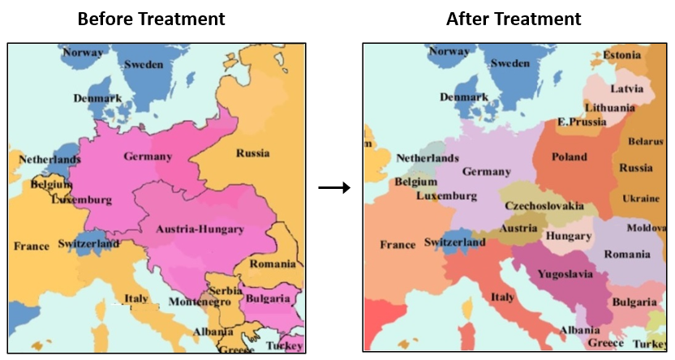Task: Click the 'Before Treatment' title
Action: click(152, 18)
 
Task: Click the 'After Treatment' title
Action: click(514, 18)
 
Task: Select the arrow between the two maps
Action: click(333, 188)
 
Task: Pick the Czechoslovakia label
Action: click(544, 206)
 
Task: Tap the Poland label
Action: click(570, 156)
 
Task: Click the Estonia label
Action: click(622, 55)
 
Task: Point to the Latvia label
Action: click(627, 88)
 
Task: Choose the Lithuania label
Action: click(609, 108)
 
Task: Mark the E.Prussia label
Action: click(582, 122)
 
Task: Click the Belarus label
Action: click(645, 142)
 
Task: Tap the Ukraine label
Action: click(641, 199)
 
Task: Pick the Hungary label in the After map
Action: click(569, 236)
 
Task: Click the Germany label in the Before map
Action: click(148, 156)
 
